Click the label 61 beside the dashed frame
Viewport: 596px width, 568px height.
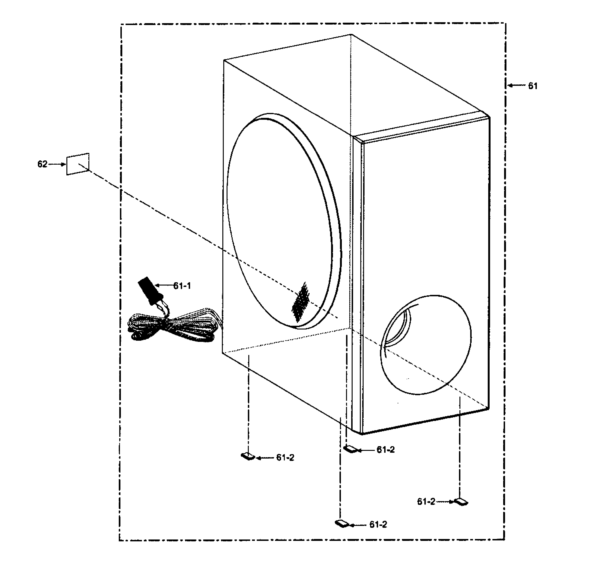533,86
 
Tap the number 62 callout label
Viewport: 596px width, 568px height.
42,164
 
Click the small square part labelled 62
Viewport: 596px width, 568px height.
78,164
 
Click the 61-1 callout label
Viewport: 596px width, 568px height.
182,286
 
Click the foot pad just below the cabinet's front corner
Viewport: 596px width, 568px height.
351,449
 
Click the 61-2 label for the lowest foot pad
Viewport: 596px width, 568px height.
378,525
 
